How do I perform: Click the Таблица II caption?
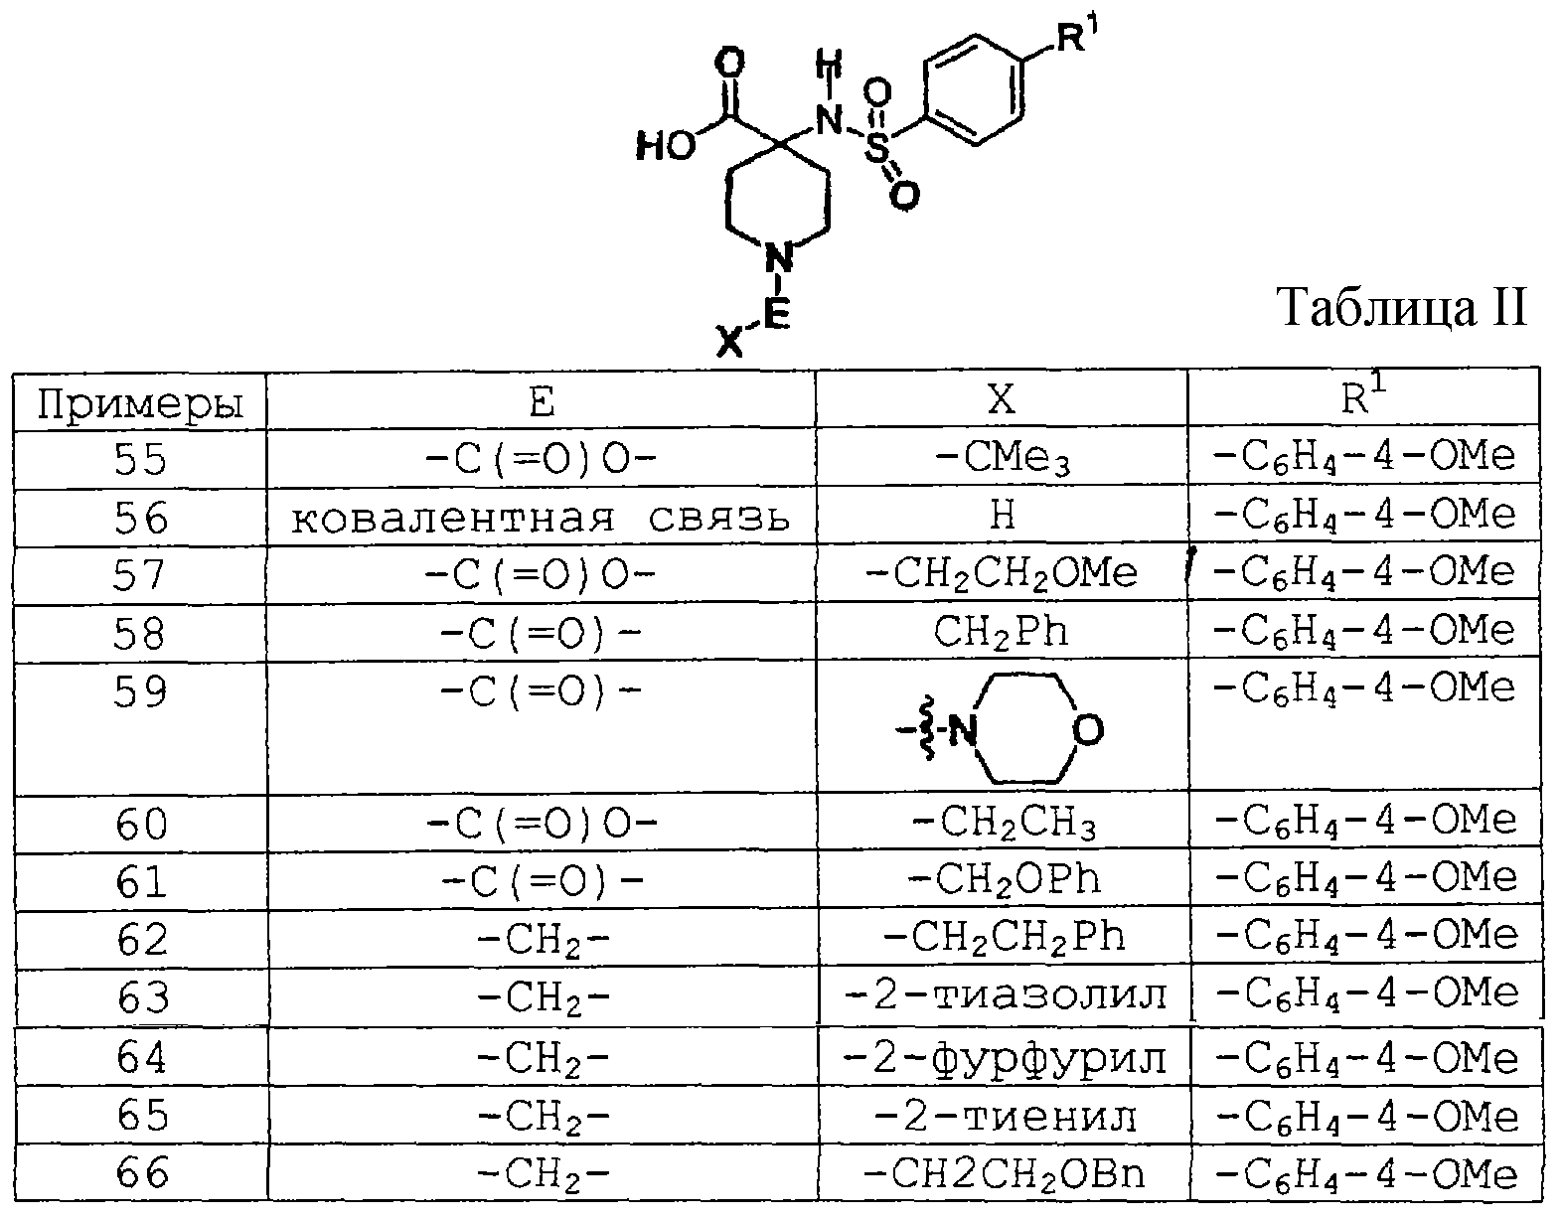[x=1401, y=308]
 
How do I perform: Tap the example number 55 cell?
[x=140, y=459]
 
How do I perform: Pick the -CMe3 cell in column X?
[x=1002, y=458]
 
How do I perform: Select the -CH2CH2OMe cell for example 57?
[x=1002, y=573]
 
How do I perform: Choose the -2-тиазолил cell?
[x=1005, y=995]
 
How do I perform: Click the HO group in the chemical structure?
[x=666, y=147]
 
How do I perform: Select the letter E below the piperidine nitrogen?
[x=777, y=313]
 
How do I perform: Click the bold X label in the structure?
[x=729, y=342]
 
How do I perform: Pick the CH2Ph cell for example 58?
[x=1001, y=632]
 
